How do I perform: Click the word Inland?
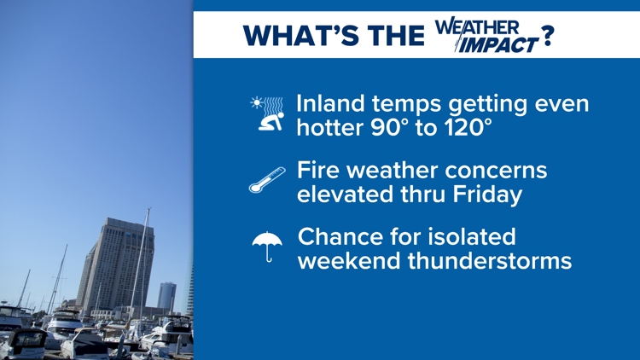coord(335,104)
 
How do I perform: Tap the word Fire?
coord(317,170)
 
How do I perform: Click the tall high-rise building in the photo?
coord(114,265)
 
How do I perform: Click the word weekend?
coord(349,260)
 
